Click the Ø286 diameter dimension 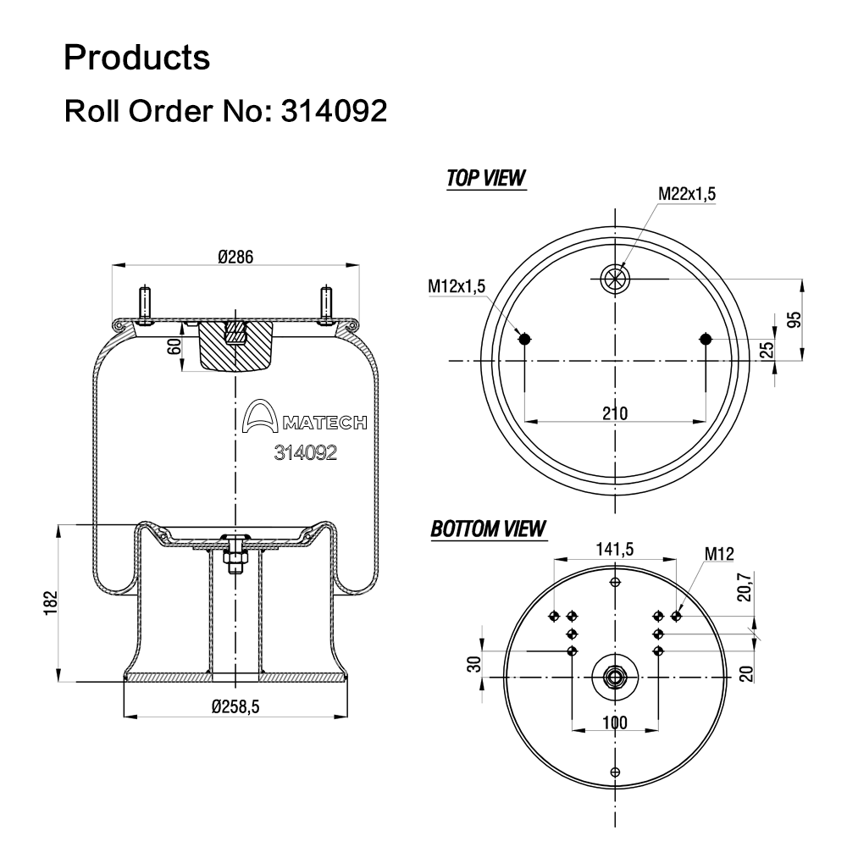pyautogui.click(x=236, y=257)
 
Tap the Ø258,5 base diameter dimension pyautogui.click(x=235, y=705)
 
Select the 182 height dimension pyautogui.click(x=52, y=604)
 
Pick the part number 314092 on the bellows pyautogui.click(x=306, y=452)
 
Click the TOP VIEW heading pyautogui.click(x=485, y=178)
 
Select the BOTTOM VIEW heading pyautogui.click(x=488, y=529)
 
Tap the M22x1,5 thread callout pyautogui.click(x=687, y=194)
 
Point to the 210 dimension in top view pyautogui.click(x=615, y=413)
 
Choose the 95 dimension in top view pyautogui.click(x=794, y=319)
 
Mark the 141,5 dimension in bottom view pyautogui.click(x=615, y=549)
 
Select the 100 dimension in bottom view pyautogui.click(x=615, y=722)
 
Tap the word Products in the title pyautogui.click(x=137, y=58)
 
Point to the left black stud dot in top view pyautogui.click(x=524, y=340)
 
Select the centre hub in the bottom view pyautogui.click(x=615, y=676)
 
